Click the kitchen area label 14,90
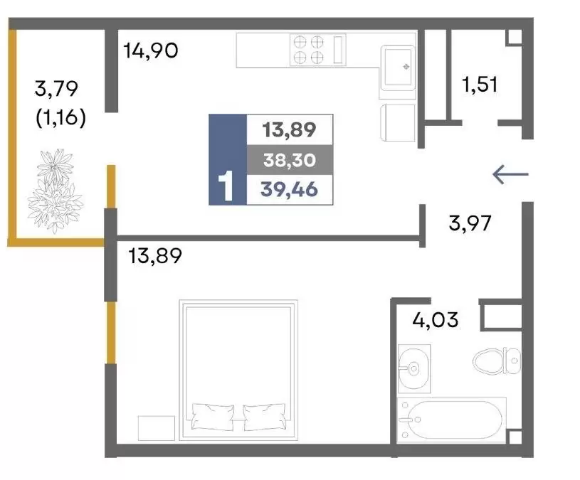tap(151, 50)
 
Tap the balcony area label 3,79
tap(56, 89)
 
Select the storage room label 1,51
tap(480, 84)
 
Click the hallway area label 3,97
tap(470, 223)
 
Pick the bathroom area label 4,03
tap(436, 319)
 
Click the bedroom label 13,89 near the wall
tap(155, 256)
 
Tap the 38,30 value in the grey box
tap(290, 160)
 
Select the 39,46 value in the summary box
tap(289, 190)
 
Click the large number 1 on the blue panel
tap(226, 186)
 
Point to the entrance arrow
tap(510, 174)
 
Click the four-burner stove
tap(317, 50)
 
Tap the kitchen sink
tap(398, 68)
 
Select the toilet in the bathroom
tap(497, 361)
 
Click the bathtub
tap(451, 420)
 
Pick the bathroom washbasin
tap(414, 368)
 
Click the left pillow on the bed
tap(213, 417)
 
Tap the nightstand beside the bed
tap(156, 428)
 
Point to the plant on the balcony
tap(55, 191)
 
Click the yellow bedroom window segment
tap(111, 333)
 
